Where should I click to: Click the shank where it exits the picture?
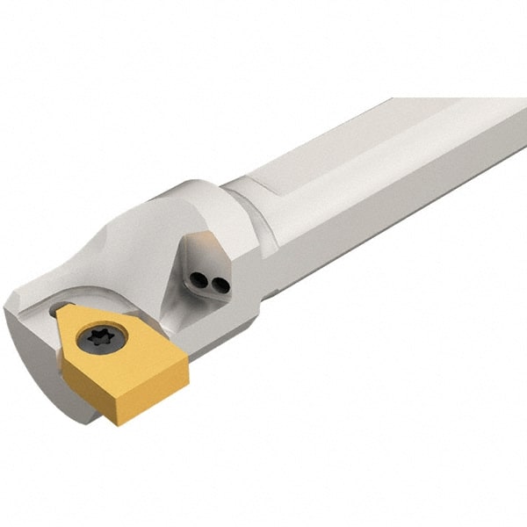[x=514, y=141]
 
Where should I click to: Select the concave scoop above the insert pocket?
[x=132, y=263]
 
